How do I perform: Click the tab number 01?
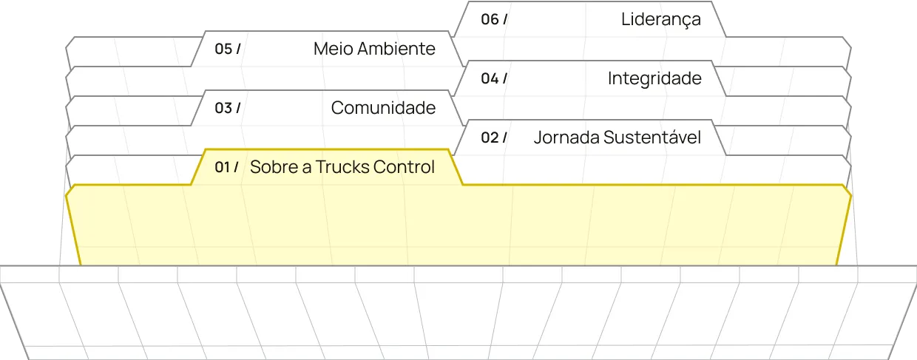(223, 167)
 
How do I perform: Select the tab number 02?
(490, 137)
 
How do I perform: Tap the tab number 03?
(223, 108)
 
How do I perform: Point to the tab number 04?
(490, 78)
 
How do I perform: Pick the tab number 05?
(223, 49)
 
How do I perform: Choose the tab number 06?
(490, 19)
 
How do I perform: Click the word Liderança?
(660, 20)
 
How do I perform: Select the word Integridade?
(654, 79)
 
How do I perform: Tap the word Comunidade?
(383, 108)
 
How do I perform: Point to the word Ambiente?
(396, 49)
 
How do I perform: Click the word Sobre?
(274, 167)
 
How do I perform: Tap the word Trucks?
(342, 167)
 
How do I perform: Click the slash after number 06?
(505, 19)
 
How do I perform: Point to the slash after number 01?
(236, 167)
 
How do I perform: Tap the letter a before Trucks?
(307, 168)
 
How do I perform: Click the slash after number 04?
(505, 78)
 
